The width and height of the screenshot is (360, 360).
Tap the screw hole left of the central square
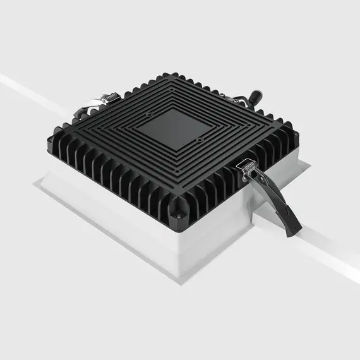(x=148, y=116)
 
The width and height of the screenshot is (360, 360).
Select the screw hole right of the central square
(x=199, y=140)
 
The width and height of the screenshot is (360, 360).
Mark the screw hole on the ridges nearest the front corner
(x=177, y=170)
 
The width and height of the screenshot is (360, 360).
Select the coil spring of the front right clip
(x=248, y=165)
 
